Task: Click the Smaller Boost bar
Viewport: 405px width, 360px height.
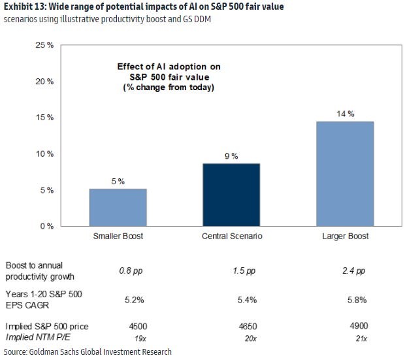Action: tap(118, 207)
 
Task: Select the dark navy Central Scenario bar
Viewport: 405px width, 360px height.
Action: tap(233, 195)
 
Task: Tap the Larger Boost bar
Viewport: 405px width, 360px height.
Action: tap(346, 174)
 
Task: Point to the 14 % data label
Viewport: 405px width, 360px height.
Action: tap(346, 114)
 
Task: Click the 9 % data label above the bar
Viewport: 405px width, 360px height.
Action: tap(232, 156)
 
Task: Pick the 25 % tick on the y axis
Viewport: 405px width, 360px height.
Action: tap(44, 46)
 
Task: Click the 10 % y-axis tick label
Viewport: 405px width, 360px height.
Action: tap(44, 154)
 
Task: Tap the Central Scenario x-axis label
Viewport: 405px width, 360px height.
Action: tap(232, 236)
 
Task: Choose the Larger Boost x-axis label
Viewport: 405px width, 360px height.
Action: tap(346, 236)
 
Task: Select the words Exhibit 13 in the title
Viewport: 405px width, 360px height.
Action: tap(24, 7)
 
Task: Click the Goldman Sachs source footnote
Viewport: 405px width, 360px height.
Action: tap(88, 352)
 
